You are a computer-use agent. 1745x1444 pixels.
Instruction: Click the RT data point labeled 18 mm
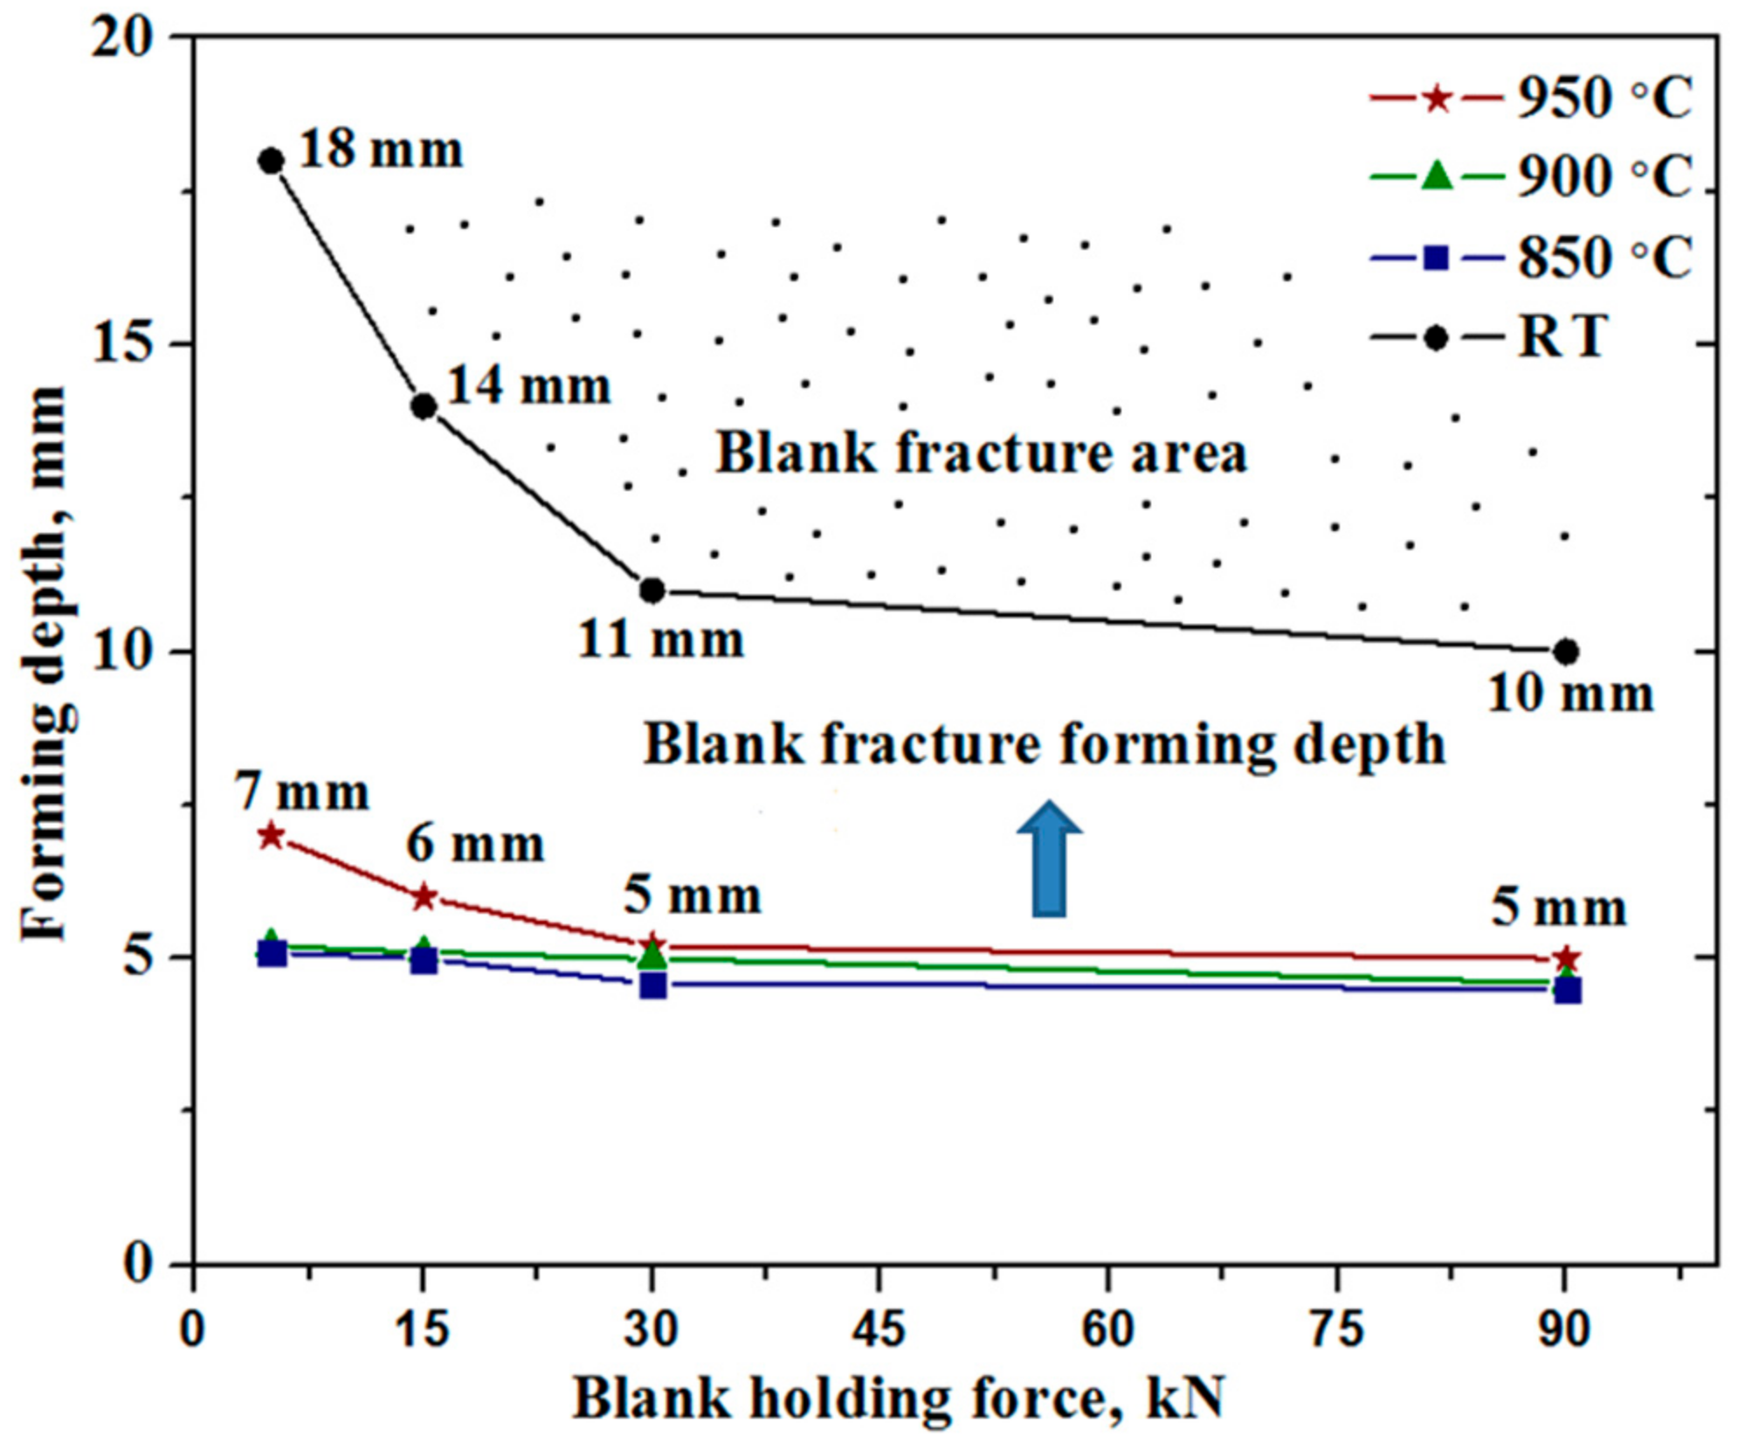272,161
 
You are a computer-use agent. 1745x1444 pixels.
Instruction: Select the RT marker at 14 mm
424,406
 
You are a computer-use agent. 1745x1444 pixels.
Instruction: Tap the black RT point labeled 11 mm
652,591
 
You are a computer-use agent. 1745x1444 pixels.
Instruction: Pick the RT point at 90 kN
1566,652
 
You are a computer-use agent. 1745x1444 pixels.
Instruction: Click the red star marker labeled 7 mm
272,836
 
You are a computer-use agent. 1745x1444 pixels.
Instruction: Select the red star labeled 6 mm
424,897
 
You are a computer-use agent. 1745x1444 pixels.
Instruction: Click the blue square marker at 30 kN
652,985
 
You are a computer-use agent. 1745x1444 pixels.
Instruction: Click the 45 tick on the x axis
879,1330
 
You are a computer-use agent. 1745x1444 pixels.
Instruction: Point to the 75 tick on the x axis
1337,1330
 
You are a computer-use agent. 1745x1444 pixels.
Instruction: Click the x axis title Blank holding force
900,1399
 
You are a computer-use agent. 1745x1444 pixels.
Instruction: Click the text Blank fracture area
982,454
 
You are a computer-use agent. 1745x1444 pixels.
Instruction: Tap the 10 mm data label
1570,695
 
